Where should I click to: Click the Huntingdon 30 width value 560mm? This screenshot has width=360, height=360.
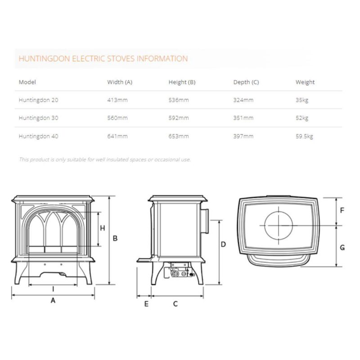117,118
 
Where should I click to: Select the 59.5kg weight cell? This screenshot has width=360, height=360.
304,136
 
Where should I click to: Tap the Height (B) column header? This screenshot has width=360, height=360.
182,82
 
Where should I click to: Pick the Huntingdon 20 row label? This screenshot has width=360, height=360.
38,100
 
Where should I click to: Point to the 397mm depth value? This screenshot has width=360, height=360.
243,136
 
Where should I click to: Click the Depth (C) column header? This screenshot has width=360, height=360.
246,82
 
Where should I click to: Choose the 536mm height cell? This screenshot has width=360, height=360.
179,100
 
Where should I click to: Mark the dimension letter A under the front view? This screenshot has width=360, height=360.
53,301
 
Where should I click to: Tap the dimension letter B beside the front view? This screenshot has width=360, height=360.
115,238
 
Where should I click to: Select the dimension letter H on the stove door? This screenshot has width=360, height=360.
103,228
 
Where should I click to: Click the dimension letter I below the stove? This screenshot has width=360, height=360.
53,289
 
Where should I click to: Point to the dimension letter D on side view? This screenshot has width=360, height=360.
223,244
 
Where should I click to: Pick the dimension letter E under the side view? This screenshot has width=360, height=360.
146,304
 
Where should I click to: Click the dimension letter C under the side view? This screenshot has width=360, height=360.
175,304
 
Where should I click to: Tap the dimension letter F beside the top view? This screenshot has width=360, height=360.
342,211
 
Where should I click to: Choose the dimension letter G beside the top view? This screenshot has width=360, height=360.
342,247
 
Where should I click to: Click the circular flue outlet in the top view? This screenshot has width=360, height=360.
279,225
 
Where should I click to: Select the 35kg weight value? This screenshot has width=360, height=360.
302,100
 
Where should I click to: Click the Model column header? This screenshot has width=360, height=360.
27,82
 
